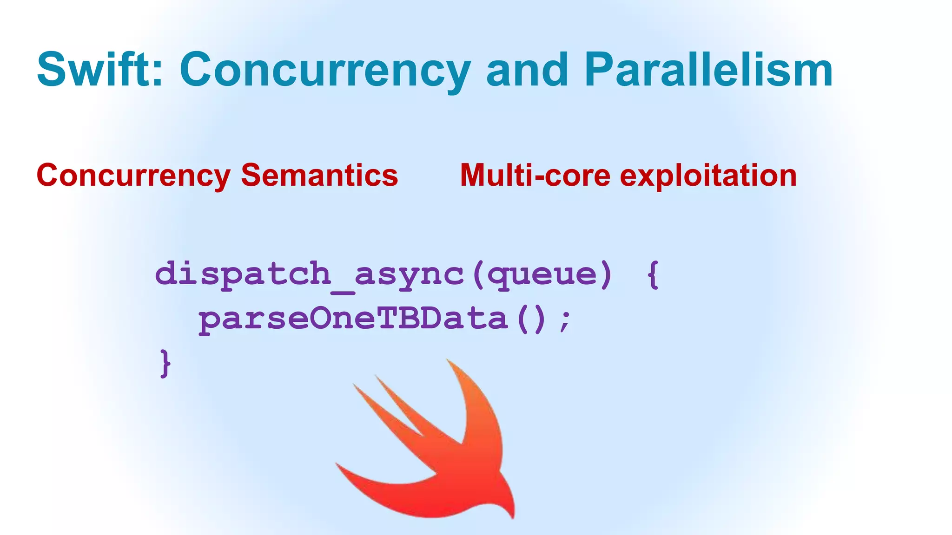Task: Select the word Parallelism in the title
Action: (708, 70)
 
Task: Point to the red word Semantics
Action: (319, 176)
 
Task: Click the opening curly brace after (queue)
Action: (653, 275)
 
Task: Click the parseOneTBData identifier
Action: (353, 320)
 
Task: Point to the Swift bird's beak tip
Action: (513, 516)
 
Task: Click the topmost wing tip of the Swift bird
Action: (449, 361)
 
